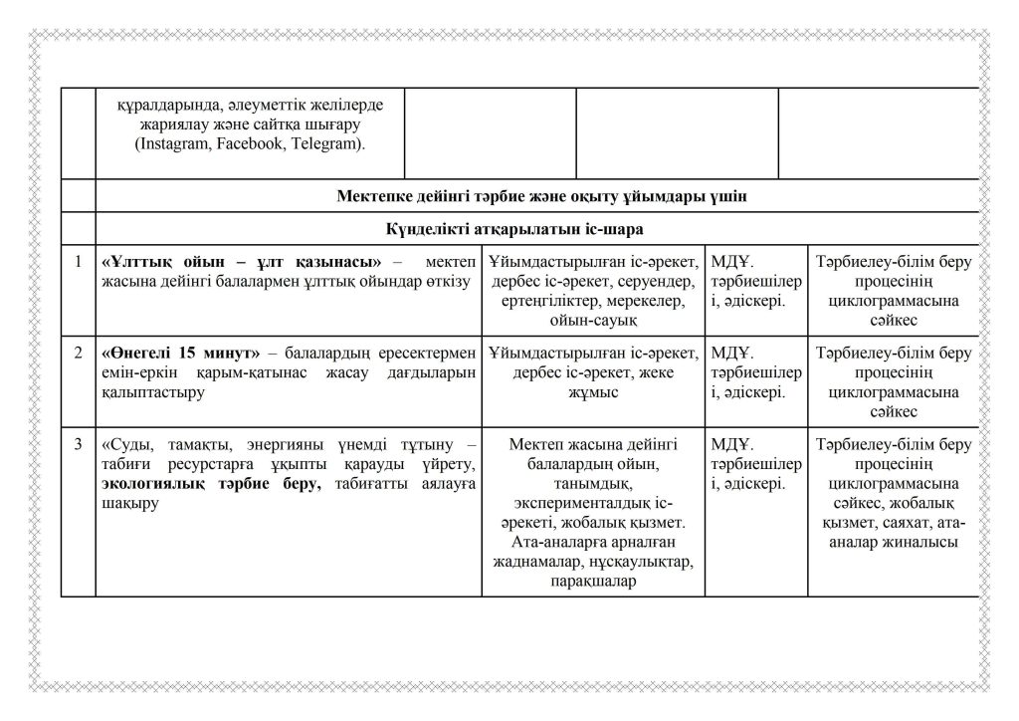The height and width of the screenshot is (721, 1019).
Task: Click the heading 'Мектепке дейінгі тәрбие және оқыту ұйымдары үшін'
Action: coord(542,196)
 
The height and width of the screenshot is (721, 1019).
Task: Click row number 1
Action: coord(78,262)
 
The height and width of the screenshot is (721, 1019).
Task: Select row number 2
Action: coord(78,354)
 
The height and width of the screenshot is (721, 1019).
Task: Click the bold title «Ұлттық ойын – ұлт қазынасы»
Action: coord(243,263)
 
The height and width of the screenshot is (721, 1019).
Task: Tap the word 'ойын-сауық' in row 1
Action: coord(592,320)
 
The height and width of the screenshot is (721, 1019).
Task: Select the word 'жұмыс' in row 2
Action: coord(592,392)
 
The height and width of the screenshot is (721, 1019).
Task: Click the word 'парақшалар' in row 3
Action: coord(592,581)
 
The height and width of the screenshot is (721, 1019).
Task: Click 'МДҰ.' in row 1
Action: coord(731,263)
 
